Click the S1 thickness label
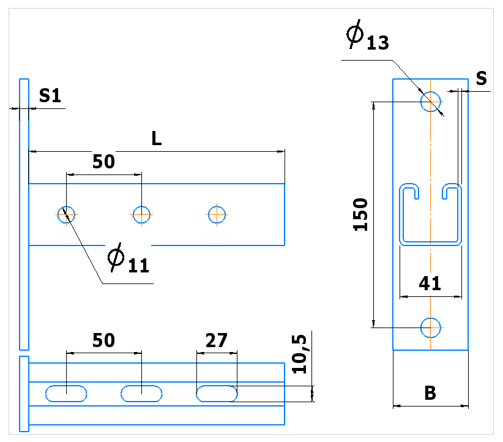click(50, 96)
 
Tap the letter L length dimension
click(157, 138)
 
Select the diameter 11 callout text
click(129, 258)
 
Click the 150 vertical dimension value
click(360, 215)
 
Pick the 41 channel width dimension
click(430, 283)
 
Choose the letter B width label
click(430, 393)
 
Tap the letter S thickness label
click(481, 78)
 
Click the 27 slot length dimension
click(217, 340)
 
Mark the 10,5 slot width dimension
click(299, 354)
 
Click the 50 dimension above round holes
click(103, 162)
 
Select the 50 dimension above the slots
click(103, 340)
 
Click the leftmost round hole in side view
click(67, 215)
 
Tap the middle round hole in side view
click(141, 215)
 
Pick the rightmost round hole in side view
click(217, 215)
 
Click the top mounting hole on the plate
click(431, 102)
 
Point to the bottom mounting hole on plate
click(431, 328)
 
